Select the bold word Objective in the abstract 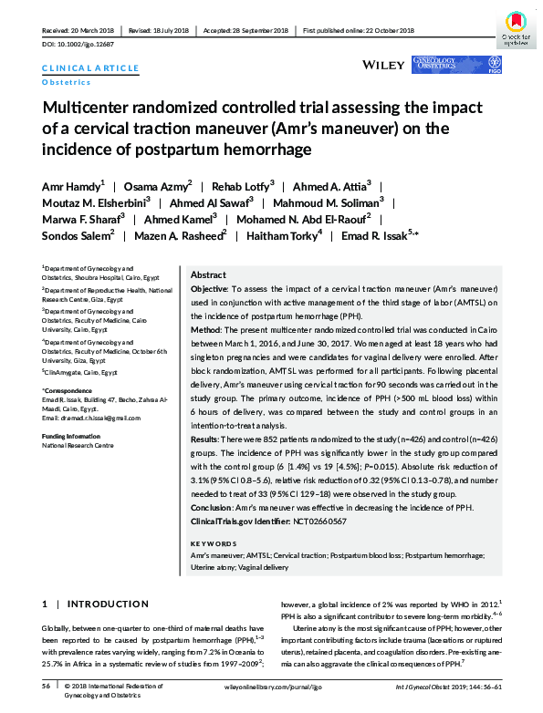[x=209, y=288]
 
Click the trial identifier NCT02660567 [x=319, y=520]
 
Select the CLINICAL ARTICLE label [x=90, y=68]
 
